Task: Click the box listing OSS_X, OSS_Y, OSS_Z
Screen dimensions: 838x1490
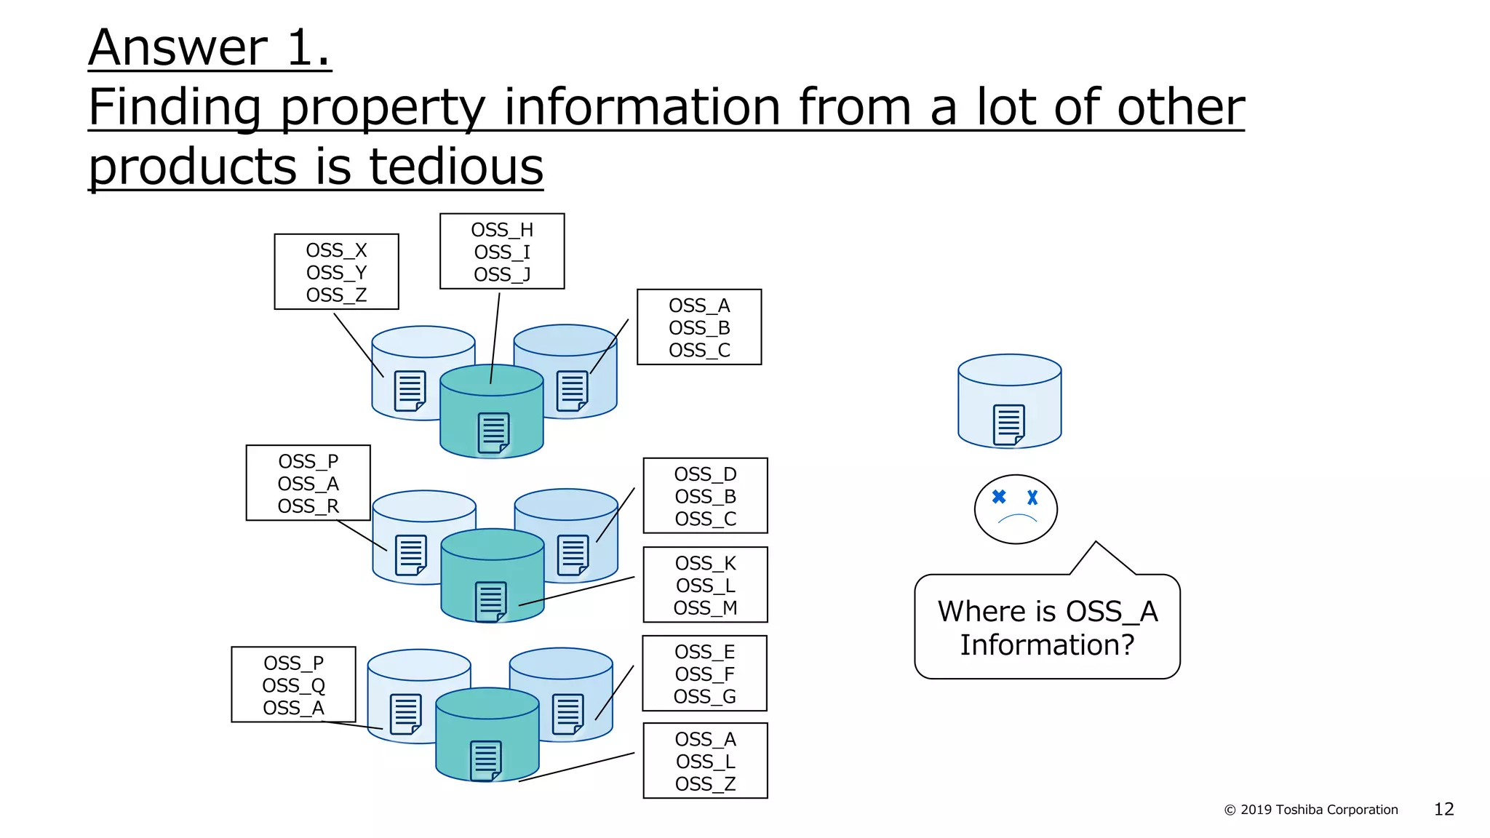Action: click(x=336, y=271)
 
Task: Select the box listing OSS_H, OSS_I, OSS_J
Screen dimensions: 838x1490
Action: click(x=502, y=251)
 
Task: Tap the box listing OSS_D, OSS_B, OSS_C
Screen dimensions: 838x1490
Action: click(x=705, y=495)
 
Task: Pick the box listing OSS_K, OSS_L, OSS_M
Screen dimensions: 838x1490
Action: click(x=705, y=584)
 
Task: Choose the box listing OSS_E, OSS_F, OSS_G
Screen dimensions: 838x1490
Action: click(x=704, y=673)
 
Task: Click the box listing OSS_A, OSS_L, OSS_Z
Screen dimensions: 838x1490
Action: click(x=705, y=760)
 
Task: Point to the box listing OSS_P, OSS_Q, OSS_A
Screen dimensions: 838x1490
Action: click(x=293, y=684)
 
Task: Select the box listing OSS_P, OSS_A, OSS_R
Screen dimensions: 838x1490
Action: click(x=308, y=482)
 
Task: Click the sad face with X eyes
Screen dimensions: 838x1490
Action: click(x=1016, y=509)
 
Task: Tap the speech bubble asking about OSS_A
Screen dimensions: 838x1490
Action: click(x=1047, y=627)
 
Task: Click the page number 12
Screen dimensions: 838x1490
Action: click(x=1443, y=809)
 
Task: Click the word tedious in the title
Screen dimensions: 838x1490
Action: click(x=456, y=167)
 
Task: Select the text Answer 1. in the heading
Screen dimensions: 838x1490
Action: click(x=210, y=48)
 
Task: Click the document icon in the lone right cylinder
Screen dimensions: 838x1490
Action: click(x=1009, y=425)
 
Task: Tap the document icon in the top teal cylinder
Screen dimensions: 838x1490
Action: click(x=493, y=433)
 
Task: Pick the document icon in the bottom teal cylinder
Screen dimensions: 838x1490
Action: click(x=486, y=761)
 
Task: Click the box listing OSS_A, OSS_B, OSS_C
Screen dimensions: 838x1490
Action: click(x=699, y=327)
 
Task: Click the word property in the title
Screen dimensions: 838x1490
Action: click(x=383, y=108)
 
